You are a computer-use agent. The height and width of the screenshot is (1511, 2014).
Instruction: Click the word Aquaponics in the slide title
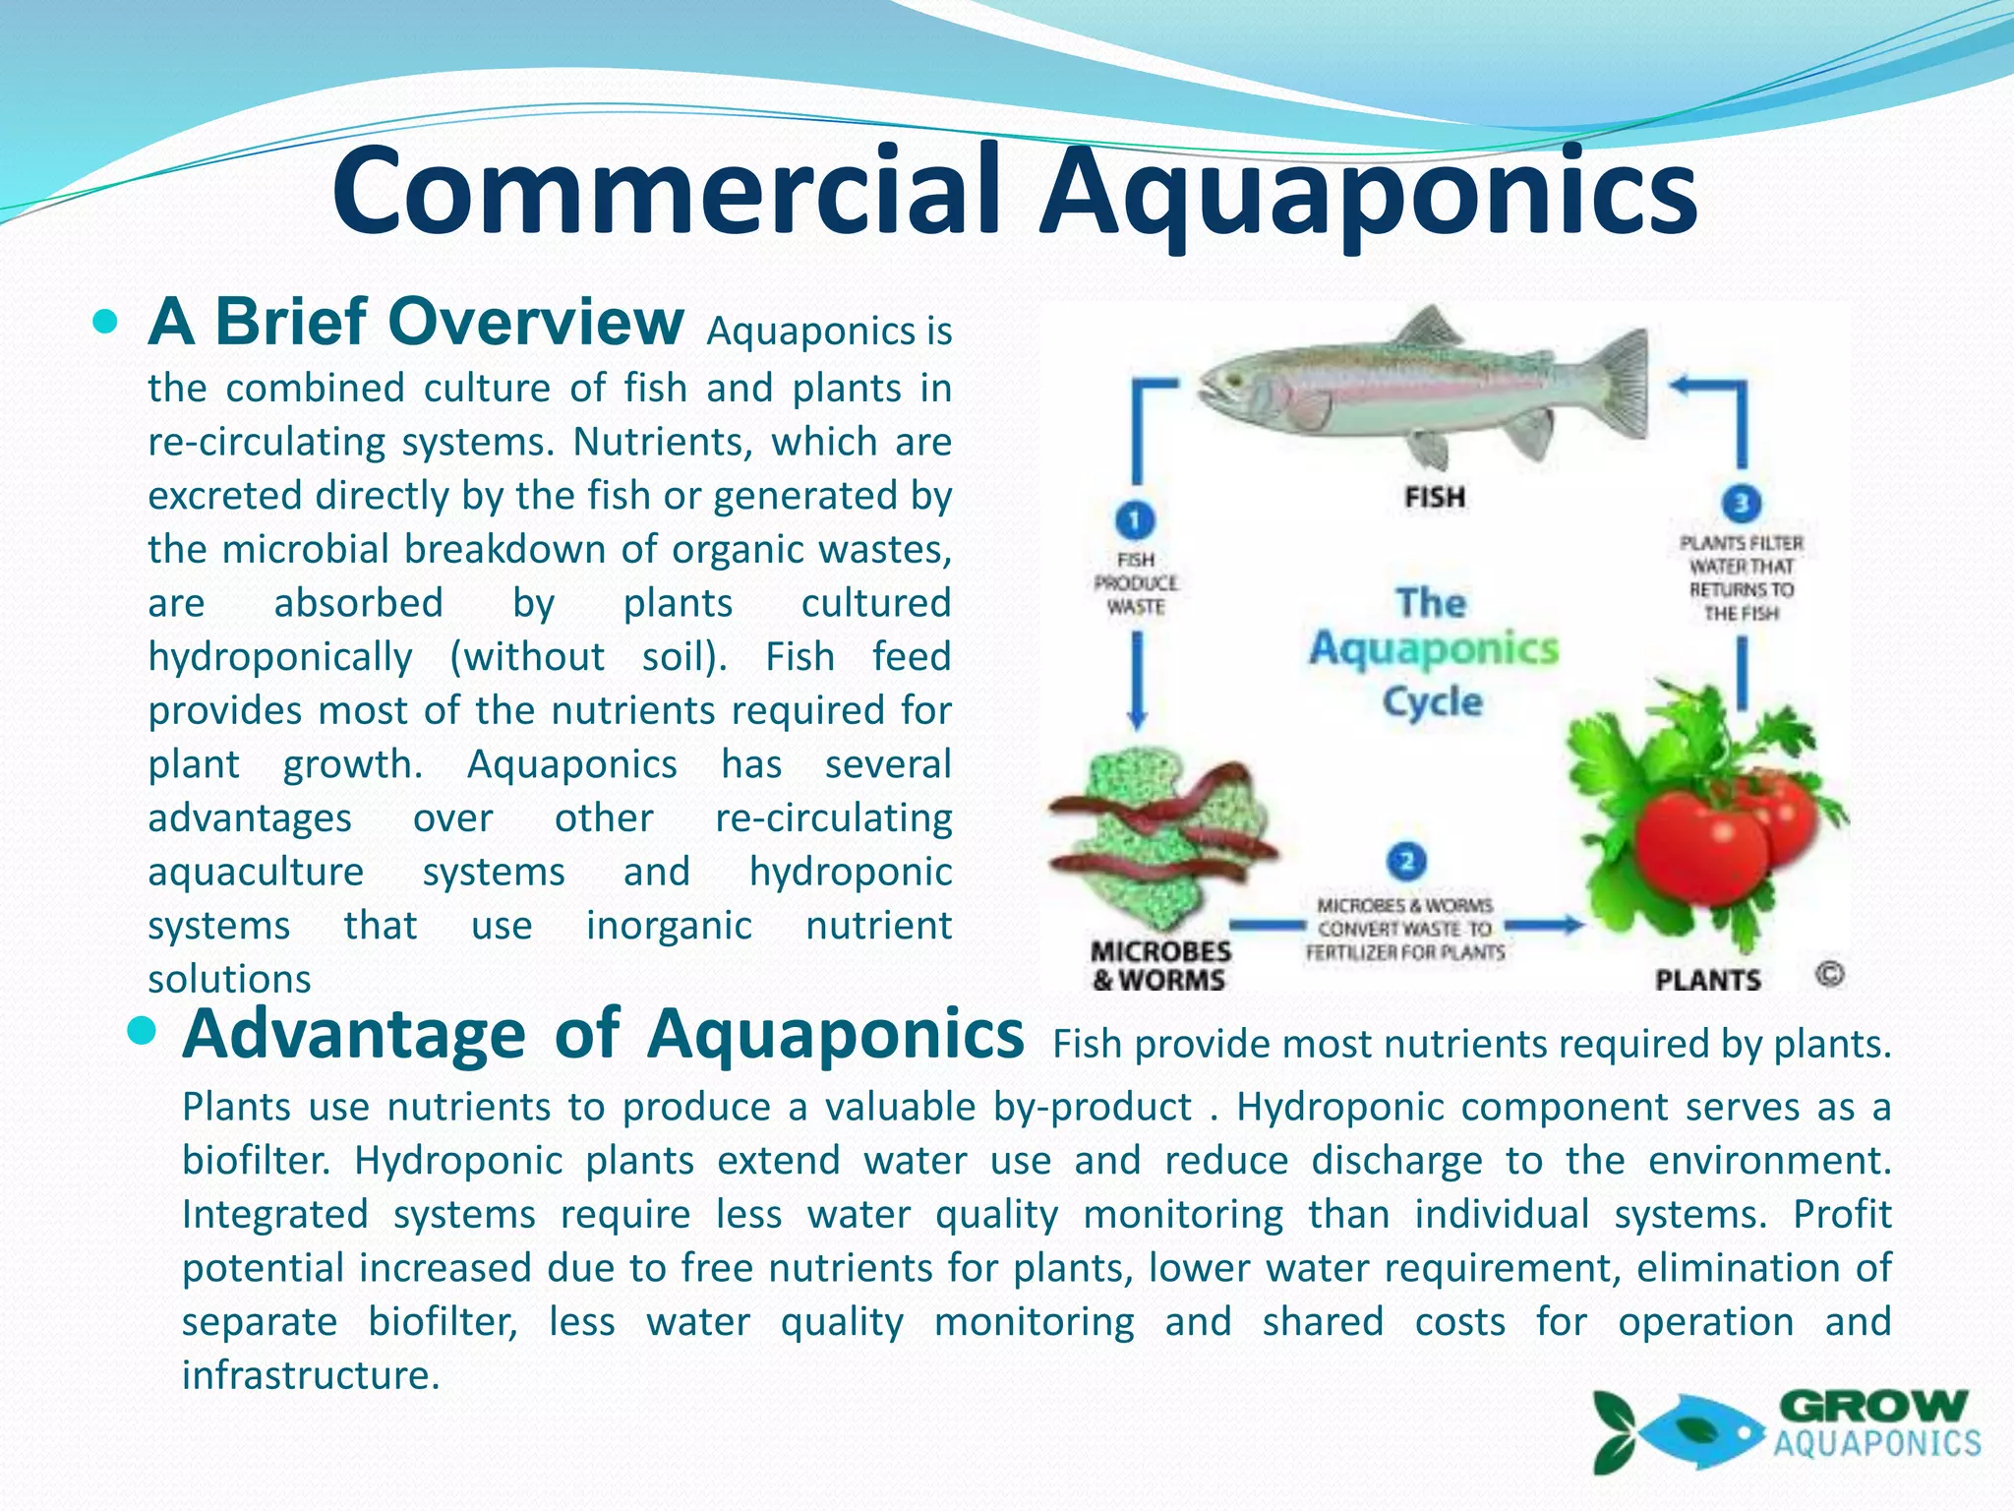point(1369,193)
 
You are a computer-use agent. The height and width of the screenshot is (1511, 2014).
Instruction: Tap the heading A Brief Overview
point(416,322)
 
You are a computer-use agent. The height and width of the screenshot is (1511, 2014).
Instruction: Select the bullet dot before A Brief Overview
point(105,322)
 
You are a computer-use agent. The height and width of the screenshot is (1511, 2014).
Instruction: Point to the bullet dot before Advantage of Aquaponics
point(143,1032)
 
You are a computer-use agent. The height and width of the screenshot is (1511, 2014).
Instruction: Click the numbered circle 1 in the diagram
point(1135,519)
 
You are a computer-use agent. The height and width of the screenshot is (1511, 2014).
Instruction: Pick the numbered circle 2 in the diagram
point(1406,862)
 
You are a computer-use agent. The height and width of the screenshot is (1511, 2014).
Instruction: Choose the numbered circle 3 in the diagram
point(1741,504)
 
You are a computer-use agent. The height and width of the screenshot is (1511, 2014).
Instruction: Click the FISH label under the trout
point(1435,497)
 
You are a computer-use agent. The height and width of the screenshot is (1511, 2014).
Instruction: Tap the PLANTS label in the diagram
point(1708,979)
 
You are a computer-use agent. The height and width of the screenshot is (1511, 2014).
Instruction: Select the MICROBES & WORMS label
point(1160,965)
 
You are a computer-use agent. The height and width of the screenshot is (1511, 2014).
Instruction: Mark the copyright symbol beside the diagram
point(1829,974)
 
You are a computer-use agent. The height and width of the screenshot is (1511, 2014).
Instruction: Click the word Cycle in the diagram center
point(1432,701)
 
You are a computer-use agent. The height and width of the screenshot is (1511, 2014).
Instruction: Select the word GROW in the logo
point(1873,1406)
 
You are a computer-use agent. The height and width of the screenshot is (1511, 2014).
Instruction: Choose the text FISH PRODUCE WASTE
point(1136,583)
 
